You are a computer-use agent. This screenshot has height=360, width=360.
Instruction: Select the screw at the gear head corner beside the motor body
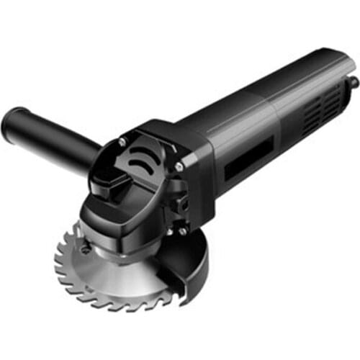tap(178, 166)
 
